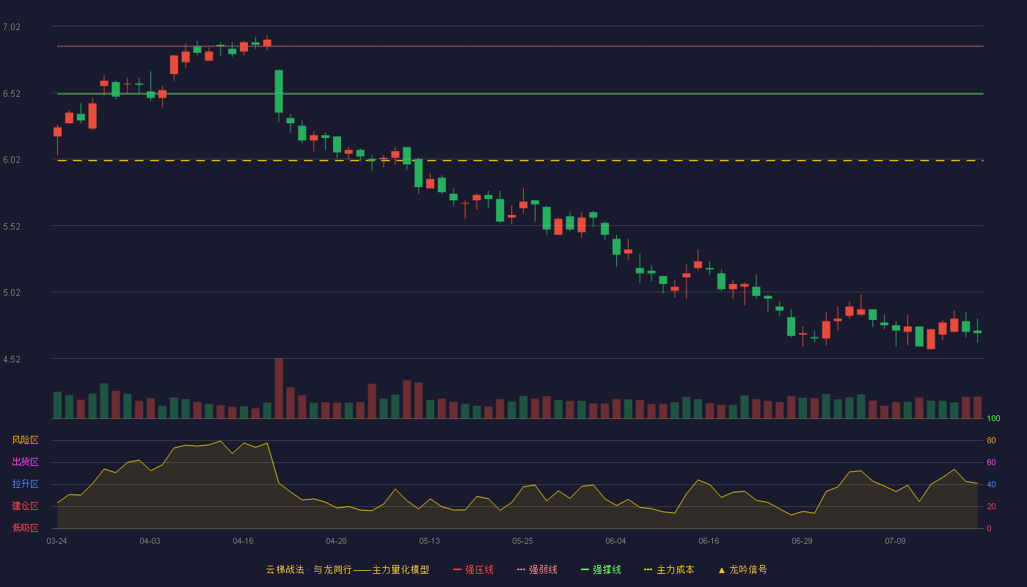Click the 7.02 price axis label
12,27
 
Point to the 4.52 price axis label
12,359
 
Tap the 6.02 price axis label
12,160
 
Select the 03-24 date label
57,542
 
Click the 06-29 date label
802,542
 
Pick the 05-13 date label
429,542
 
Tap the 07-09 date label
895,542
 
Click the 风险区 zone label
25,440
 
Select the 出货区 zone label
25,462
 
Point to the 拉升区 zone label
25,484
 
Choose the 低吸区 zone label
25,528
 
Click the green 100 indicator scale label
993,418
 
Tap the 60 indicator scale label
991,462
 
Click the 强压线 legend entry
473,569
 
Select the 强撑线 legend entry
601,569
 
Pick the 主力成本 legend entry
669,569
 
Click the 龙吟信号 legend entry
742,569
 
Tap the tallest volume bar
279,388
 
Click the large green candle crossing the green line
279,91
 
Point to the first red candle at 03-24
57,132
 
